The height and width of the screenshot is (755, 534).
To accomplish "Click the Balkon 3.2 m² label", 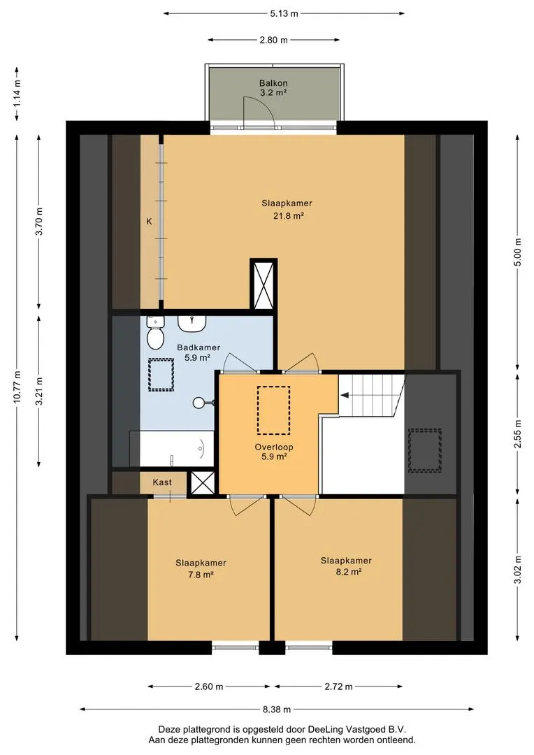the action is pyautogui.click(x=273, y=87).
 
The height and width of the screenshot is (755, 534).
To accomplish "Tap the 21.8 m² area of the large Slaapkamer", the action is pyautogui.click(x=289, y=216).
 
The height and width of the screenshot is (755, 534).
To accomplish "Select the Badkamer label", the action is pyautogui.click(x=199, y=347).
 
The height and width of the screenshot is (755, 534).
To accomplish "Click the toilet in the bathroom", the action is pyautogui.click(x=155, y=333).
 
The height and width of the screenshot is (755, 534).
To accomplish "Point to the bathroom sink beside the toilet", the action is pyautogui.click(x=192, y=323).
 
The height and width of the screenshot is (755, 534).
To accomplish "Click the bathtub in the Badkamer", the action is pyautogui.click(x=172, y=449).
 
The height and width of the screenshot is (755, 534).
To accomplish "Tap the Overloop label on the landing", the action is pyautogui.click(x=274, y=447).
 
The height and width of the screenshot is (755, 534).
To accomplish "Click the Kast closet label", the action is pyautogui.click(x=162, y=482).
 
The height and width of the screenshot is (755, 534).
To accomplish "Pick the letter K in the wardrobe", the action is pyautogui.click(x=150, y=222).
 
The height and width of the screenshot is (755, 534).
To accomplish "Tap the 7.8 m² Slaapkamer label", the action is pyautogui.click(x=201, y=568).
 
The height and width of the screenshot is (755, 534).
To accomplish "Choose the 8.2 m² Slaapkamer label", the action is pyautogui.click(x=346, y=566).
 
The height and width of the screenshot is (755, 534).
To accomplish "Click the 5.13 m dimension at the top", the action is pyautogui.click(x=284, y=13).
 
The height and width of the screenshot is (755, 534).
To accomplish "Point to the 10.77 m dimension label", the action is pyautogui.click(x=17, y=386).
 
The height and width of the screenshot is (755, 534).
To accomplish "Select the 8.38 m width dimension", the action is pyautogui.click(x=277, y=709).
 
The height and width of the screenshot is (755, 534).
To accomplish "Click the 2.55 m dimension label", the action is pyautogui.click(x=518, y=434).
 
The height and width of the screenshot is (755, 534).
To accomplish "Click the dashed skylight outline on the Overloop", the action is pyautogui.click(x=273, y=410).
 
